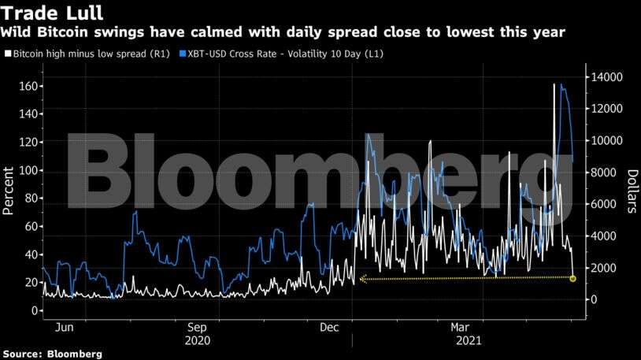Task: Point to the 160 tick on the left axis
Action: pos(26,86)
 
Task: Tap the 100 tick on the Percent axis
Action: pos(26,170)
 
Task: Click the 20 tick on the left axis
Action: pos(29,282)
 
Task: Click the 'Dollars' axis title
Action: pos(632,191)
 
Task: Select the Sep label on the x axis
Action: pos(196,326)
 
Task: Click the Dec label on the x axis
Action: pos(330,326)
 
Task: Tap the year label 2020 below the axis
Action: pos(196,340)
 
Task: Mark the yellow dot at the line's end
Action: pos(572,279)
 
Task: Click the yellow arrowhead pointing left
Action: pos(362,279)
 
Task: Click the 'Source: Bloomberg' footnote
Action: pos(51,354)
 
